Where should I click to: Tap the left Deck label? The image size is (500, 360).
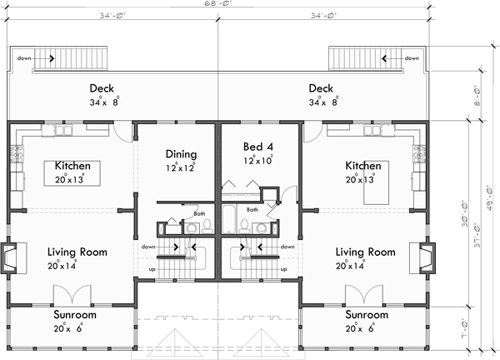click(102, 89)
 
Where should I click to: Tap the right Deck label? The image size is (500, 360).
click(321, 89)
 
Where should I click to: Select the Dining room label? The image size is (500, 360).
click(181, 154)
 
